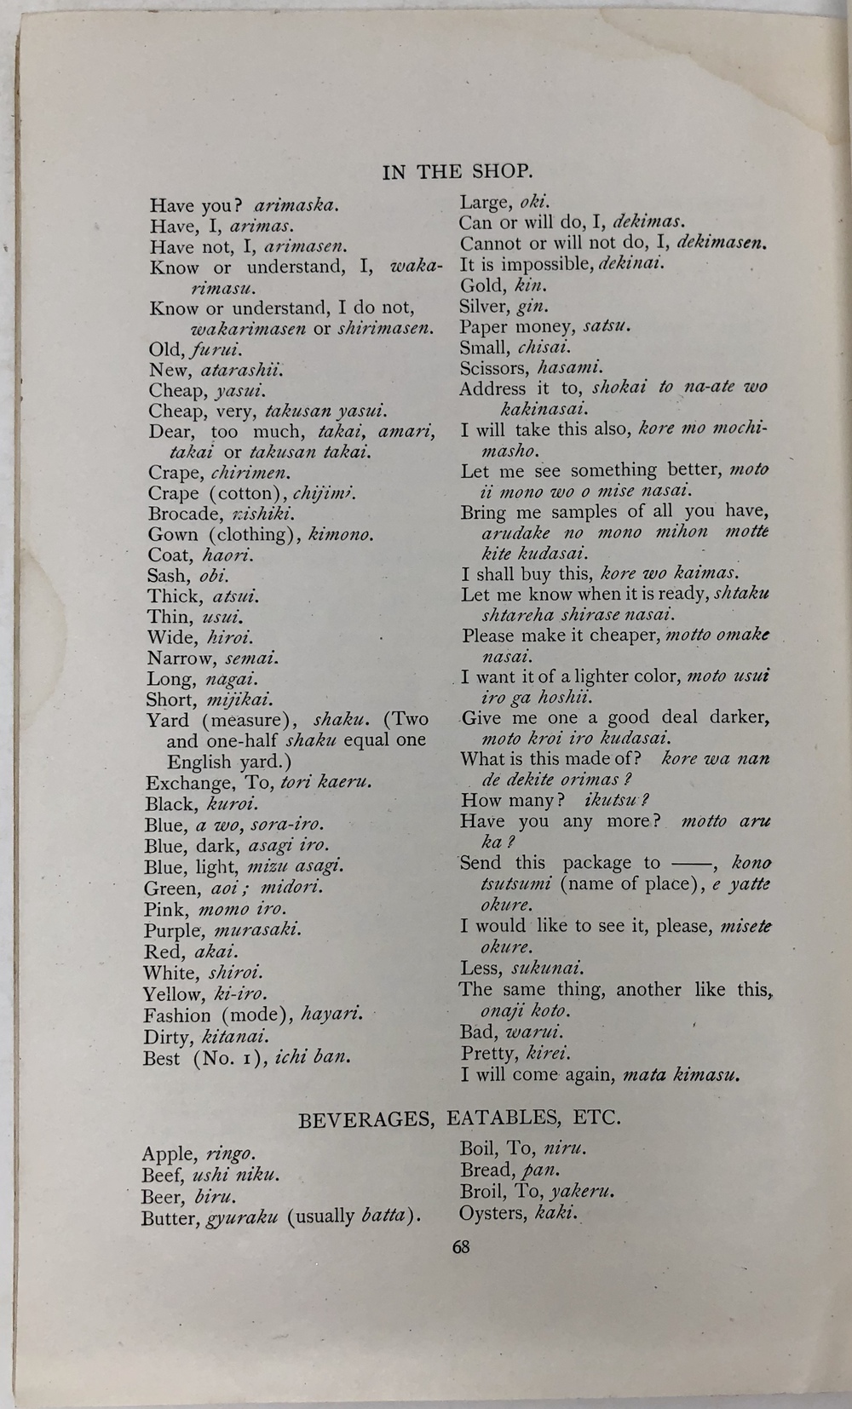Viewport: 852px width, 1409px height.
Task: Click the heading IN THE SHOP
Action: (458, 171)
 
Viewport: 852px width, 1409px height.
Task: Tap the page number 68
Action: (461, 1246)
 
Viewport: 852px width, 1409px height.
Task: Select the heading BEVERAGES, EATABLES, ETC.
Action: (459, 1118)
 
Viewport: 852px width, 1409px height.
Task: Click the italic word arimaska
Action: (296, 205)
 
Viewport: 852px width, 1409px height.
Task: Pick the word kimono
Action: (341, 535)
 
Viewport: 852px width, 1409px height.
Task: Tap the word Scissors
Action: (494, 368)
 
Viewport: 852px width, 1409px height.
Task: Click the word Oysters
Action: (492, 1213)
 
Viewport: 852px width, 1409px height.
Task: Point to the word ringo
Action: (230, 1154)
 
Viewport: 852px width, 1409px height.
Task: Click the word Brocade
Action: (184, 514)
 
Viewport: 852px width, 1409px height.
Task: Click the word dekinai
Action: (630, 264)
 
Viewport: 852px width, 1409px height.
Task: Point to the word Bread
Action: (486, 1170)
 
